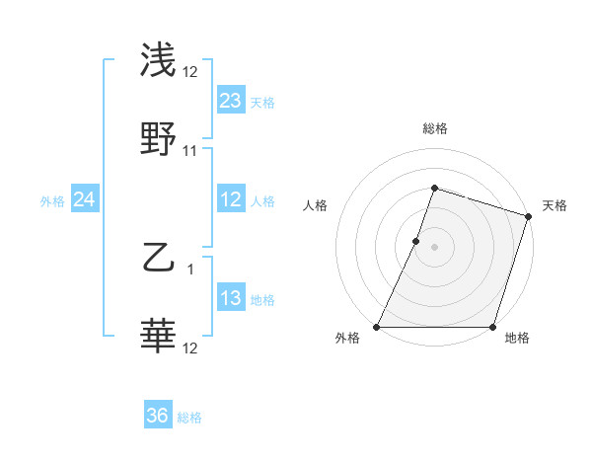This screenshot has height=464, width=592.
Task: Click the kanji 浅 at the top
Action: (x=159, y=60)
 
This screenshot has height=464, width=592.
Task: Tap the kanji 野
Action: (x=159, y=139)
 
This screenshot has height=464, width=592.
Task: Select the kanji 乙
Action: (x=159, y=259)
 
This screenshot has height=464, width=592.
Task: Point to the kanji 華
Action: (x=159, y=337)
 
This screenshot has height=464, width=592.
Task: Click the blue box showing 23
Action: (x=230, y=101)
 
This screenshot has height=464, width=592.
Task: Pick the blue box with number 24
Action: (x=84, y=200)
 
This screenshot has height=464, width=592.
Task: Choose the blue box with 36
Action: (x=158, y=417)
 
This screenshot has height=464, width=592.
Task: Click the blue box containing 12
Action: (x=230, y=200)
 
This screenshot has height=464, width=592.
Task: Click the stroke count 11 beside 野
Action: (x=190, y=151)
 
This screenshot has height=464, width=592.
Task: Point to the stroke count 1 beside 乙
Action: (x=190, y=269)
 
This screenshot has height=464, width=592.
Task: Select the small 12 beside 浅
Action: (x=190, y=71)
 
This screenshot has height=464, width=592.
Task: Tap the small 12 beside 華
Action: (x=190, y=348)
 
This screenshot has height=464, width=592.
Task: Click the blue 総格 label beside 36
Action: (x=189, y=419)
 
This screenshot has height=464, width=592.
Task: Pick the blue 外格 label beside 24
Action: (x=52, y=201)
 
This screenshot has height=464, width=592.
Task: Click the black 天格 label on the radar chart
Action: (x=555, y=205)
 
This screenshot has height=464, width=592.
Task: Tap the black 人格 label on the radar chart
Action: (x=315, y=205)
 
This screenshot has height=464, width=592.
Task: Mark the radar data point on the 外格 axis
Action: (x=377, y=327)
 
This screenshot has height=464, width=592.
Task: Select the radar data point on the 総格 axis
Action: (x=434, y=188)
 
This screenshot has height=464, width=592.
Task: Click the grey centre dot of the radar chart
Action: (x=434, y=246)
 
